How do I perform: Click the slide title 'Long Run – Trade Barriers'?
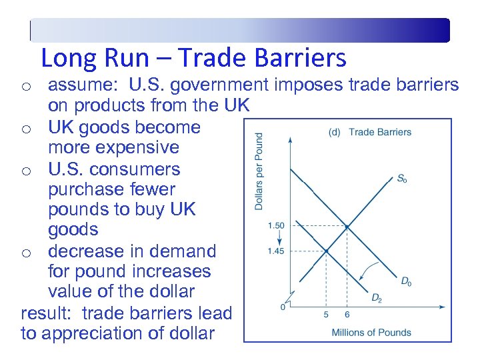point(193,58)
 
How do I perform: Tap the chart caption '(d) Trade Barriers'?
point(370,132)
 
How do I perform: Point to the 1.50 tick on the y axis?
point(275,226)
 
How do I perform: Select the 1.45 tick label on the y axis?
point(275,251)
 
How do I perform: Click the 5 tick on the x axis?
point(326,315)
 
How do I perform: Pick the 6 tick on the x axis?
point(347,315)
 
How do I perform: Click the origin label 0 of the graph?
point(283,307)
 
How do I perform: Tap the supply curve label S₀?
point(401,179)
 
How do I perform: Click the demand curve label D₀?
point(405,282)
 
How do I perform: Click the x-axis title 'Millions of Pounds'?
point(371,332)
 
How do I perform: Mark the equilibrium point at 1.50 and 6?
point(347,227)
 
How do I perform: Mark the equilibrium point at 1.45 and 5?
point(326,251)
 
